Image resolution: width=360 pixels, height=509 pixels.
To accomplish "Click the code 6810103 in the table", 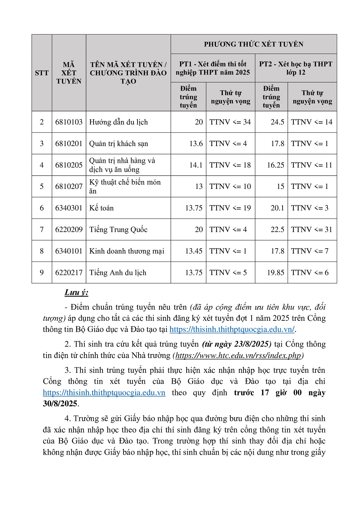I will (69, 122).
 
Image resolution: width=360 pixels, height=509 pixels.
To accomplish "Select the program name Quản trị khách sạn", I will (119, 144).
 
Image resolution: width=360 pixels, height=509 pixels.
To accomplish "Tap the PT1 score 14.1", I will (196, 165).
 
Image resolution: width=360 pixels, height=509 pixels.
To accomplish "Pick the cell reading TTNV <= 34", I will (230, 122).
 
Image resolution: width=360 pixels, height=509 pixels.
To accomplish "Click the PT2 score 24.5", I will (277, 122).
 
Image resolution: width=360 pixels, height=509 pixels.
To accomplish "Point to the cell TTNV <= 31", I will (312, 229).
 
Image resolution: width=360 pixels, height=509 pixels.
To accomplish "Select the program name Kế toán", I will (102, 208).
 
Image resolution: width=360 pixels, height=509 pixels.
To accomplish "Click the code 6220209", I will (69, 229).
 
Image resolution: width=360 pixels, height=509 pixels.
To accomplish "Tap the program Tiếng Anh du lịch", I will (118, 273).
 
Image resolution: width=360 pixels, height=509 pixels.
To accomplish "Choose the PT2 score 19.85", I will (276, 273).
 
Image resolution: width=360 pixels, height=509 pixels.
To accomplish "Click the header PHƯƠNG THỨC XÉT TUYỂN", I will (254, 44).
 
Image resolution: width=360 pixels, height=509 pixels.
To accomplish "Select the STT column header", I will (42, 73).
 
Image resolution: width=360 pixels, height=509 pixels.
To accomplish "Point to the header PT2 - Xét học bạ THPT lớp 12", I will (296, 68).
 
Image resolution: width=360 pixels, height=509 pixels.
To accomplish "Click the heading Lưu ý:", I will (76, 292).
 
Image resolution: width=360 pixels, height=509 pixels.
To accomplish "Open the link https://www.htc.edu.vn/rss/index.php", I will (238, 355).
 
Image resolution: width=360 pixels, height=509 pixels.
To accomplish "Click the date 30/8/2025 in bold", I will (60, 404).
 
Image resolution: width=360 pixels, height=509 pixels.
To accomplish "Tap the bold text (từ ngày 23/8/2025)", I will (237, 344).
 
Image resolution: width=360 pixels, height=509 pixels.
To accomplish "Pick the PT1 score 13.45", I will (194, 251).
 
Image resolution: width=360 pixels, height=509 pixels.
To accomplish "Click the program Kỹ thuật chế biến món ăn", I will (125, 186).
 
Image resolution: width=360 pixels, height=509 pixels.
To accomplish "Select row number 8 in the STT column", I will (42, 251).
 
